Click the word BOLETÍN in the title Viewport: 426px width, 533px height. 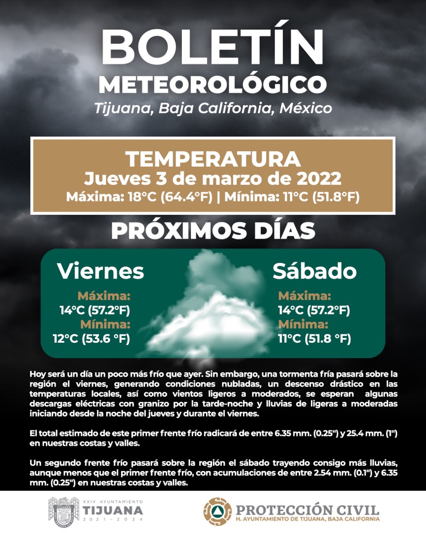point(213,46)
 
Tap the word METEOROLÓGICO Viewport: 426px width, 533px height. point(213,85)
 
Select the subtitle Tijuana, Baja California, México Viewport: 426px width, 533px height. point(213,108)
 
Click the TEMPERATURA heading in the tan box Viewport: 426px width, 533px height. point(213,159)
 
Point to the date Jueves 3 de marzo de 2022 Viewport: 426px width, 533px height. point(213,179)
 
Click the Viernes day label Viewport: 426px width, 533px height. point(101,271)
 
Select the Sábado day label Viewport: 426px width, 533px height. point(315,271)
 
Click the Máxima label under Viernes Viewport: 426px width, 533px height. point(104,296)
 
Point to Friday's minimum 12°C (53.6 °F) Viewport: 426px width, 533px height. point(92,339)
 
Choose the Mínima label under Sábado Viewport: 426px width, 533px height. point(303,324)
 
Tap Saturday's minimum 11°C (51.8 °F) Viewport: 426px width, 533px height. point(315,339)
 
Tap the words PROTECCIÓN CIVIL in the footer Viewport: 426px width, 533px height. point(307,510)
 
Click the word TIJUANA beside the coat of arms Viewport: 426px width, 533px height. point(112,511)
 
